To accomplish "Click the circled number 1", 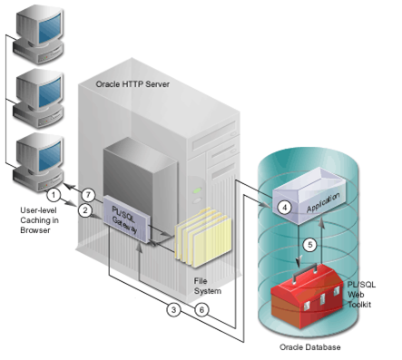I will [54, 194].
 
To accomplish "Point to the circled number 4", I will [285, 207].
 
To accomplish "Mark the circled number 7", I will [88, 194].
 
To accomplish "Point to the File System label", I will [208, 287].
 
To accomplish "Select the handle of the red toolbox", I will [315, 269].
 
